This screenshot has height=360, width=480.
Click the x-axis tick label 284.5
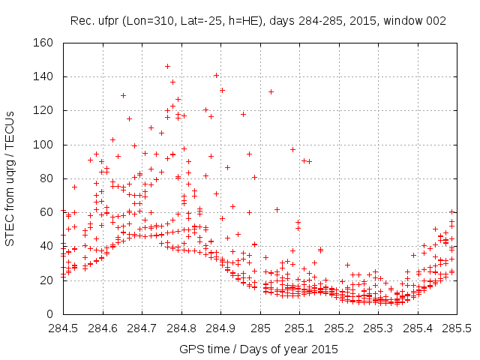(x=63, y=328)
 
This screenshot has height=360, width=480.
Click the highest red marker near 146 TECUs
(x=167, y=66)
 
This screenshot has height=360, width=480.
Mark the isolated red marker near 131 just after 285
(x=271, y=91)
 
